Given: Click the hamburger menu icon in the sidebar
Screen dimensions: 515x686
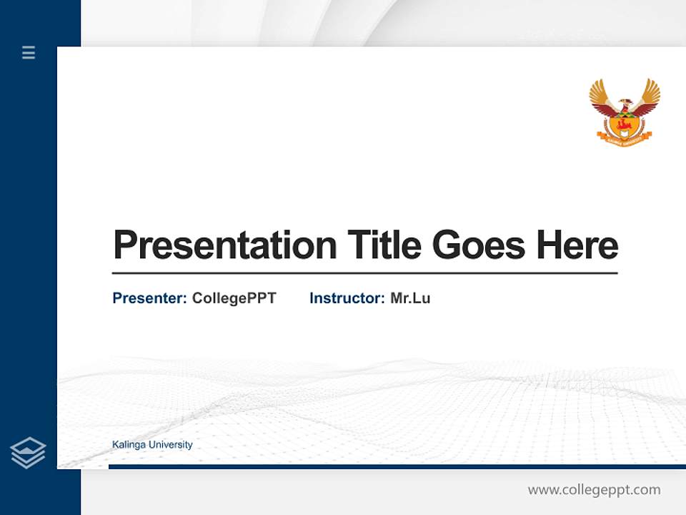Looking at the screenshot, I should [29, 52].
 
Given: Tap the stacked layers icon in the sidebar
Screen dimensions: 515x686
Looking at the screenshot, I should [28, 453].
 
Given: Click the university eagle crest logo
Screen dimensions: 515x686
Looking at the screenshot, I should [625, 111].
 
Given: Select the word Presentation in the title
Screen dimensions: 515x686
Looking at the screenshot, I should [224, 245].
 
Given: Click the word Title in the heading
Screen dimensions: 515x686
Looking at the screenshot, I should [384, 245].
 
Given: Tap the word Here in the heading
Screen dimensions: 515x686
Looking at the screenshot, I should [577, 245].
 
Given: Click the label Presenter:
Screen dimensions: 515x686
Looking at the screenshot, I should [149, 298].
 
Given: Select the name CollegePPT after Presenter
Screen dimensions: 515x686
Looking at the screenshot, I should [234, 298].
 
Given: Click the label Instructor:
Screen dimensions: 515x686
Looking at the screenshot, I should [347, 298].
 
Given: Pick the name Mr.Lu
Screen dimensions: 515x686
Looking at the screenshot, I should [410, 298].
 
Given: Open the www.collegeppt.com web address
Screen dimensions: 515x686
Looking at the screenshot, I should [594, 490].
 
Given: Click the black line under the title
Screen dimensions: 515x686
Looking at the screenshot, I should [364, 273].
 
